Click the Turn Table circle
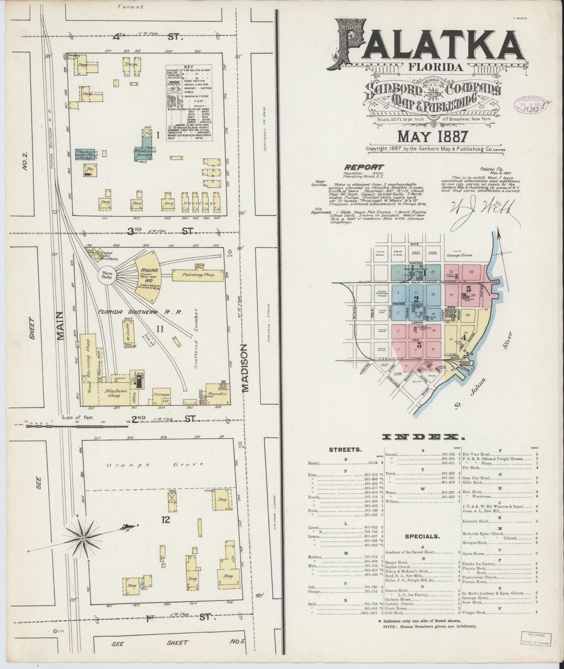[107, 275]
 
